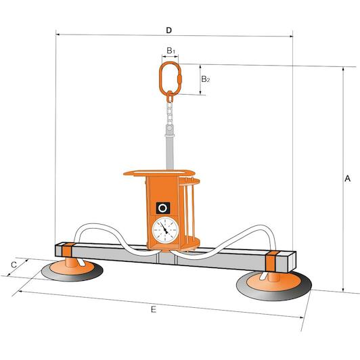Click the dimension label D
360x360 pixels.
click(168, 30)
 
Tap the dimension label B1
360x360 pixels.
click(171, 51)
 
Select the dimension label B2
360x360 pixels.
click(206, 79)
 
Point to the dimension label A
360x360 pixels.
click(348, 179)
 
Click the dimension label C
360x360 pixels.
click(14, 265)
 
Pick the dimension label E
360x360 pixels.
click(154, 309)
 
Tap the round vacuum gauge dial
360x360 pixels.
click(165, 230)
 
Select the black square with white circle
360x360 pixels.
click(163, 208)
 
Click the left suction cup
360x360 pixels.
click(72, 271)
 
